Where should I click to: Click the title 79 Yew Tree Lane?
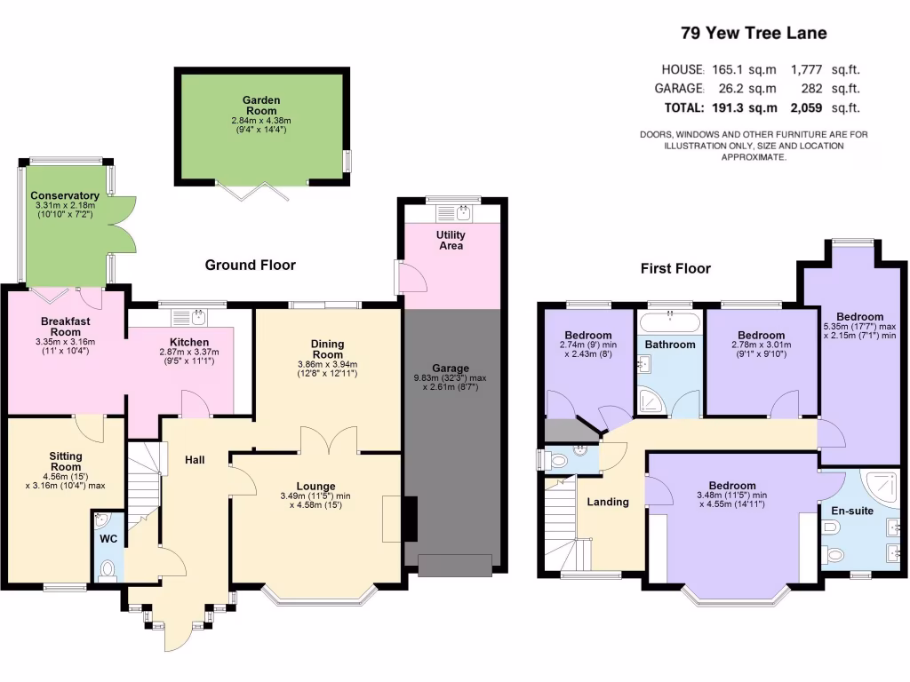coord(754,34)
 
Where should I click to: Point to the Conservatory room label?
coord(64,195)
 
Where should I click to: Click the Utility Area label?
coord(451,240)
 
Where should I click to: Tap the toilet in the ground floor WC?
coord(108,569)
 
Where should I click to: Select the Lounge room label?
coord(315,486)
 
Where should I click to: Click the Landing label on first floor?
coord(608,502)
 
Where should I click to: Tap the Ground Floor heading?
coord(250,265)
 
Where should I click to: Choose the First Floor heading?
coord(675,268)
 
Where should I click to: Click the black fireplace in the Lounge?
coord(410,518)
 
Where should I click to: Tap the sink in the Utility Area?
coord(462,211)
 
